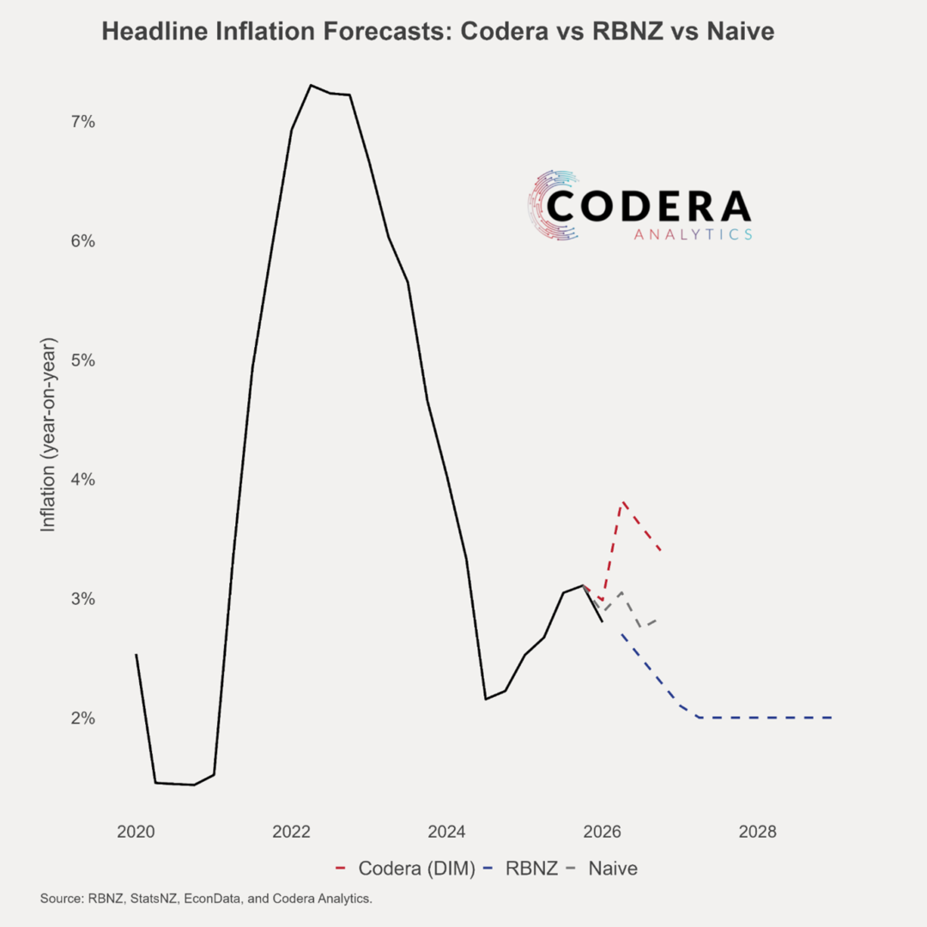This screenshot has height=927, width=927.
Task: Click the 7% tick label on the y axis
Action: click(x=82, y=122)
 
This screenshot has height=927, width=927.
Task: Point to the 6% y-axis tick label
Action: click(x=82, y=241)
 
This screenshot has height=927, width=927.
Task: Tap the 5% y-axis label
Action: click(x=82, y=360)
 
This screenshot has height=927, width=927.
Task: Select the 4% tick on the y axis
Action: click(x=82, y=480)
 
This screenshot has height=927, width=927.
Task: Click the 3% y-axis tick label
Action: click(x=82, y=599)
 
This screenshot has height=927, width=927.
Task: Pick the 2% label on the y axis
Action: click(x=82, y=718)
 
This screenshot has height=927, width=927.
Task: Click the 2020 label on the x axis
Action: click(x=136, y=832)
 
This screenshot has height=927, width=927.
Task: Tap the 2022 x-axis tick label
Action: click(x=291, y=832)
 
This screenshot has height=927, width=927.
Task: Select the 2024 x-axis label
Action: click(x=446, y=832)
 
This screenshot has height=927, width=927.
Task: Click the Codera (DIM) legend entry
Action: click(x=416, y=869)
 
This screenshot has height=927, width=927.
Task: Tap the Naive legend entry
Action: click(x=613, y=869)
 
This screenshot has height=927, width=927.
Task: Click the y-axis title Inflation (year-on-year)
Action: click(x=48, y=435)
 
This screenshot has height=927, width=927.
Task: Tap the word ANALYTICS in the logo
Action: click(x=693, y=233)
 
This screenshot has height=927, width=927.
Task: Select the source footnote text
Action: click(x=206, y=899)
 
